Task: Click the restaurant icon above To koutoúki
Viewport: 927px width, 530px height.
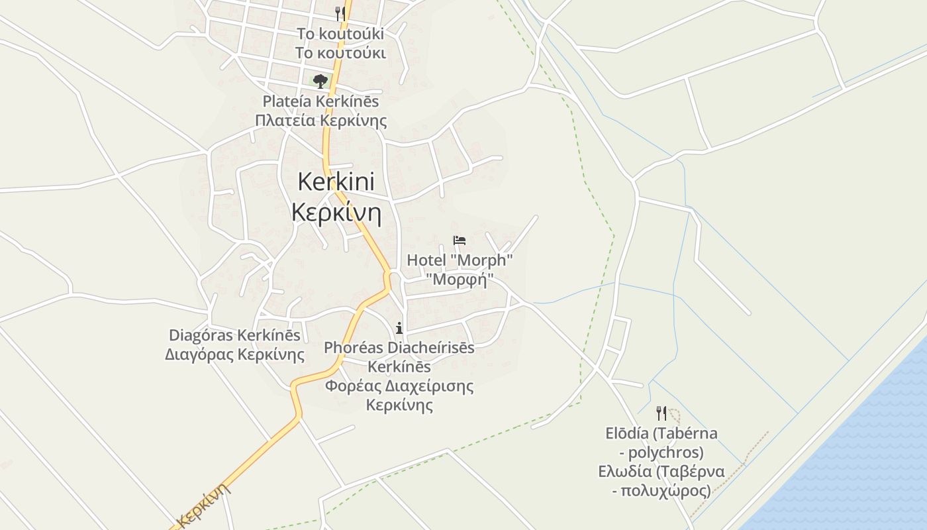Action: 340,13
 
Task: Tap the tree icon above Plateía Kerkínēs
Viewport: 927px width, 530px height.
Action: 320,81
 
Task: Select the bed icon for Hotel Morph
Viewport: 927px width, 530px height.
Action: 460,240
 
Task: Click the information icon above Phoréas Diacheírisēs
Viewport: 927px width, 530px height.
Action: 399,327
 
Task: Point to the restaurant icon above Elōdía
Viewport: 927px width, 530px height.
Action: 661,413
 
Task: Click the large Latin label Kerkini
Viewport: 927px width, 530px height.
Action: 336,182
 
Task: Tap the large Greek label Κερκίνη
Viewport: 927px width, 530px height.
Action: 336,213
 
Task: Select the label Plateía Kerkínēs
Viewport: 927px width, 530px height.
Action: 320,101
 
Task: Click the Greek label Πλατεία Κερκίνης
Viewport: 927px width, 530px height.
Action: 320,121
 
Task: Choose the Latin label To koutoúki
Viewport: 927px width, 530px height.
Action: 340,34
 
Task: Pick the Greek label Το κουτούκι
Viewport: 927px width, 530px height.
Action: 340,53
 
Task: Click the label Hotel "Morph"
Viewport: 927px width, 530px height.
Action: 460,260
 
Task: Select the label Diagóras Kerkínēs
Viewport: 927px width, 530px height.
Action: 234,335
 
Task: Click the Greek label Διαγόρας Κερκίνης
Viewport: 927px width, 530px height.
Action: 234,354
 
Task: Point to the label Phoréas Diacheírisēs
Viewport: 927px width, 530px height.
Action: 399,347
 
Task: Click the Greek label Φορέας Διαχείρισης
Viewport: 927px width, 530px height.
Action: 399,386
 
